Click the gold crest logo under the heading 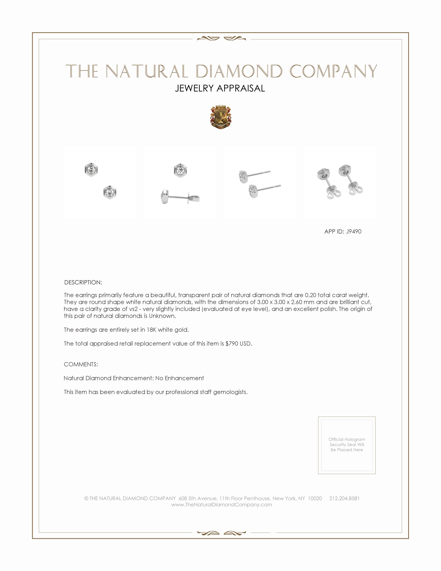221,117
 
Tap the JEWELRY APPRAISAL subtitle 220,88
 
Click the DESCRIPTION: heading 83,282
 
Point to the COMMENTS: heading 81,364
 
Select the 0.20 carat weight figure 310,295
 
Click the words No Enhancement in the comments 180,378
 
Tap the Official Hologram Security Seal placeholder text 347,444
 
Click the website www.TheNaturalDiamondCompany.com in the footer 222,505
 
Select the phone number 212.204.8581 344,498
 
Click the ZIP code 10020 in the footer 315,498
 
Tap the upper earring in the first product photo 91,170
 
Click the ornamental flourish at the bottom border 222,533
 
